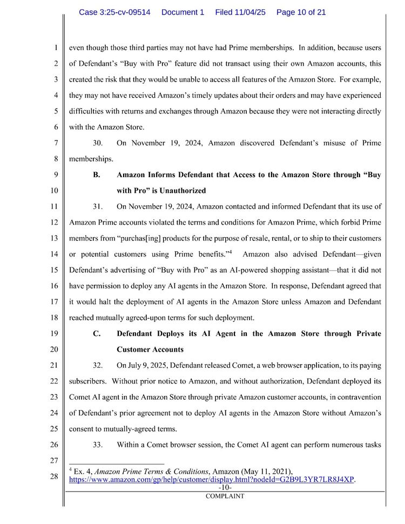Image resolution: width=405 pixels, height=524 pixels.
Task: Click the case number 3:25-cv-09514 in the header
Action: pos(114,12)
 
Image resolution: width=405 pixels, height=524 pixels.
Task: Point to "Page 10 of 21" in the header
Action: pos(301,12)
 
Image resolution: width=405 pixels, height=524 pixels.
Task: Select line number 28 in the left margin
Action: pos(54,476)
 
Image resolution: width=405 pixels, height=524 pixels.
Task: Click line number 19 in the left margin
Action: pos(54,333)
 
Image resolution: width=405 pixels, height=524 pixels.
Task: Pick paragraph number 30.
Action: pos(98,143)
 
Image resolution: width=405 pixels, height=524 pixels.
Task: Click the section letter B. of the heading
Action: pos(97,175)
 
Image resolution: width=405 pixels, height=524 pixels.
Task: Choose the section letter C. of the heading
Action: pos(97,333)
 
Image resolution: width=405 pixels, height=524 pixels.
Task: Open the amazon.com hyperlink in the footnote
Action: pos(212,479)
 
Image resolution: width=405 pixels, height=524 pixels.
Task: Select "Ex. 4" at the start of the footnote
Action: pos(82,471)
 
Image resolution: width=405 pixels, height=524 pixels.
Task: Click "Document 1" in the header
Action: pos(183,12)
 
